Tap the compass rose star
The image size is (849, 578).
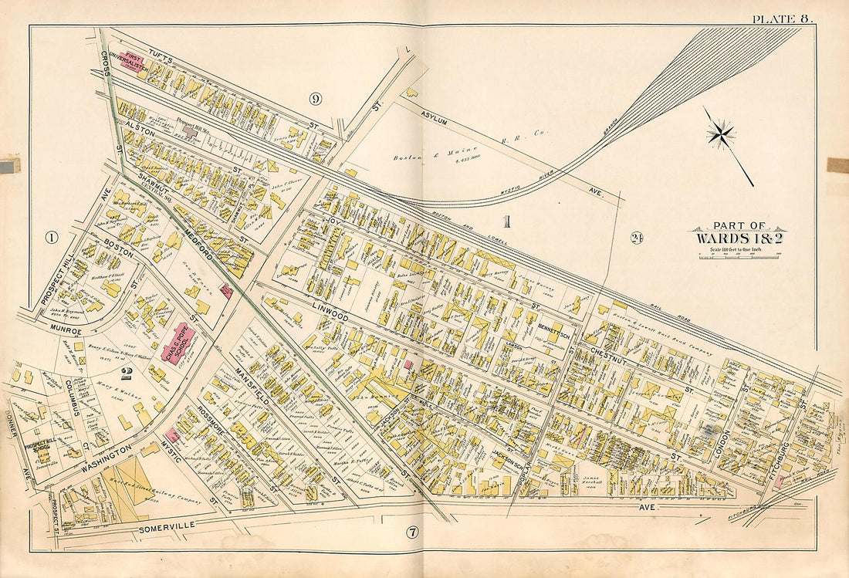pyautogui.click(x=720, y=135)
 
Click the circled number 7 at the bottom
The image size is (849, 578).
pyautogui.click(x=412, y=532)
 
